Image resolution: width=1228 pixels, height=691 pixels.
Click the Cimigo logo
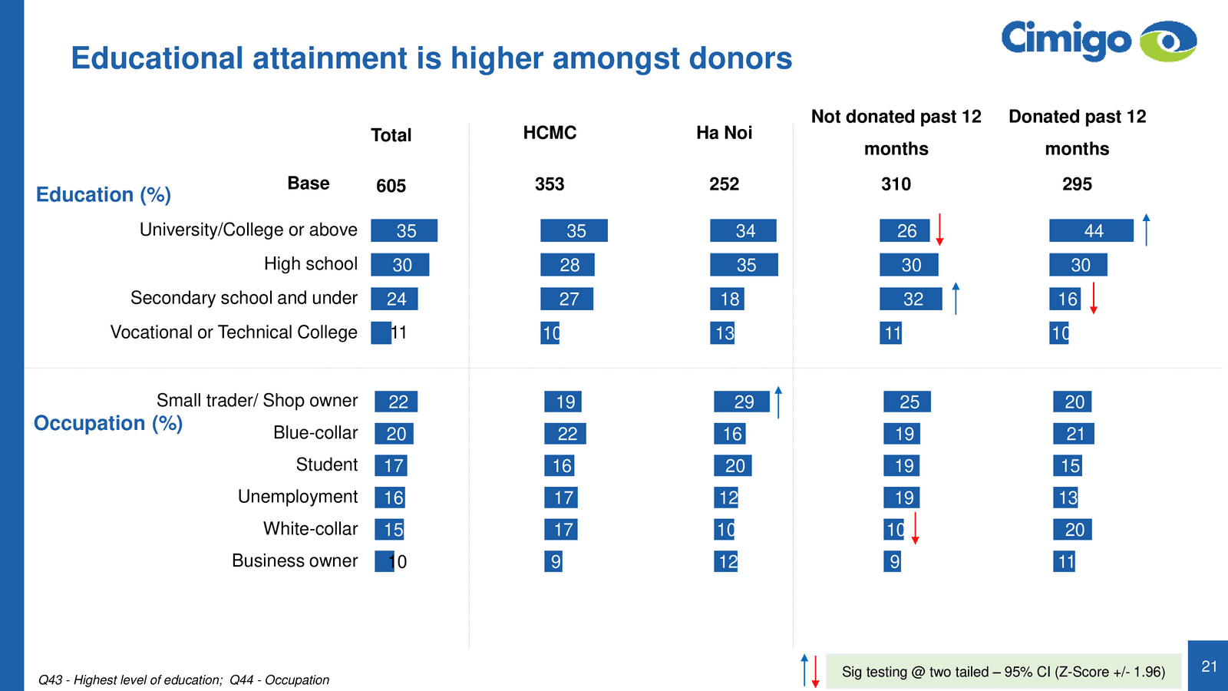coord(1098,40)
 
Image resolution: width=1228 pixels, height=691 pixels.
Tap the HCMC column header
coord(550,133)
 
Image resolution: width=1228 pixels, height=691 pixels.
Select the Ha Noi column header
coord(724,133)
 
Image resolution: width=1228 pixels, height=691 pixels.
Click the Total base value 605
coord(391,186)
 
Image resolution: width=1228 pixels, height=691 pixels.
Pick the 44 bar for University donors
coord(1091,230)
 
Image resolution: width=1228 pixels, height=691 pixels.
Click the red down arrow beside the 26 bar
coord(939,230)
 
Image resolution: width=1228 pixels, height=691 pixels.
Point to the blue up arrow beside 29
coord(778,402)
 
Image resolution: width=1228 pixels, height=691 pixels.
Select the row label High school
coord(310,264)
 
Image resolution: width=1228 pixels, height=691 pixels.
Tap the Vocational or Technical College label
coord(233,332)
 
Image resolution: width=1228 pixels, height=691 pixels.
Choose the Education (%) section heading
coord(104,195)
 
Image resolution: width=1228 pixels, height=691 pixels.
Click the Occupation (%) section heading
coord(108,424)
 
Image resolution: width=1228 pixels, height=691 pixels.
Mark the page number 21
coord(1209,666)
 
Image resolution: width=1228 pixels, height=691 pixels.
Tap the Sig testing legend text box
coord(1003,672)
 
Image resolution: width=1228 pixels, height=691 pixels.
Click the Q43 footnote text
coord(184,680)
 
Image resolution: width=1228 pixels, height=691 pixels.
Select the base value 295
coord(1077,184)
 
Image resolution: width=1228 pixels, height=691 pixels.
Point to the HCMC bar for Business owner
coord(553,561)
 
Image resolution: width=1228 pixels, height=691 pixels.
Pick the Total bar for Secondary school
coord(394,299)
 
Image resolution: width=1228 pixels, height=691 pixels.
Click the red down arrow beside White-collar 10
coord(915,528)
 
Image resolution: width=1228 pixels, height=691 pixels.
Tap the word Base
coord(309,183)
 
